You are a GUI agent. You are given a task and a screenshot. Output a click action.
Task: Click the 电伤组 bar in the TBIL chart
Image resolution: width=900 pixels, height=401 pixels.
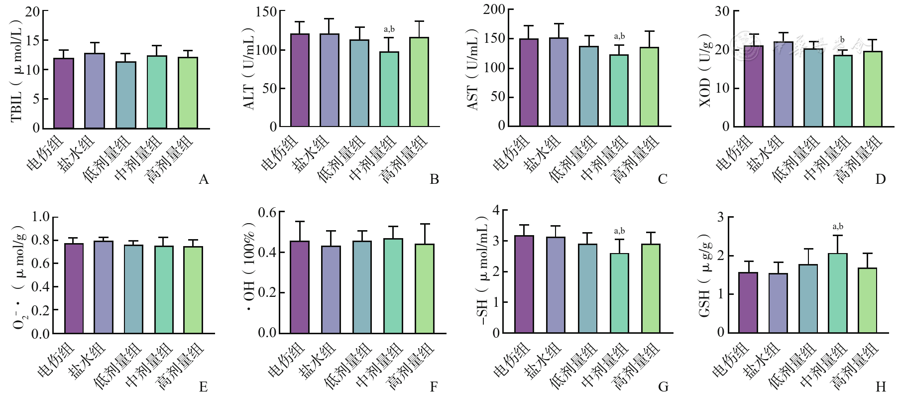[64, 93]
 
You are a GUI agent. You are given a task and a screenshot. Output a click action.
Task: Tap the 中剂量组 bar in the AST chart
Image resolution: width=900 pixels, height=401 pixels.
[619, 90]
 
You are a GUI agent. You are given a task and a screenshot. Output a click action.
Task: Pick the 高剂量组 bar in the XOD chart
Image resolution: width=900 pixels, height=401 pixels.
[873, 89]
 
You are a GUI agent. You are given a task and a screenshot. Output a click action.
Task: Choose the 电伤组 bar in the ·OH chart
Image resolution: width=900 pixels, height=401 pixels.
[300, 287]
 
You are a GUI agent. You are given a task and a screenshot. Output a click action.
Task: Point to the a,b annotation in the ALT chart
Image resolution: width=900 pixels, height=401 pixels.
[389, 29]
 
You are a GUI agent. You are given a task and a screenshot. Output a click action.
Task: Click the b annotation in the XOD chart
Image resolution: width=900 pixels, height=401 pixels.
[842, 39]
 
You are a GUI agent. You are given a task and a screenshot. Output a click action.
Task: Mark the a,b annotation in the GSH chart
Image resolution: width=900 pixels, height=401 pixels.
[838, 227]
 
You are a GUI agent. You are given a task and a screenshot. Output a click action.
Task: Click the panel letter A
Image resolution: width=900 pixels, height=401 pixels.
[203, 179]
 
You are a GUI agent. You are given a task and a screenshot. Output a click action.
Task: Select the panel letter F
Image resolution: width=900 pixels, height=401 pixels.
[434, 387]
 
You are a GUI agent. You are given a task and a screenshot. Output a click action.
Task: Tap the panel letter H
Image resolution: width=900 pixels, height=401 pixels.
[881, 387]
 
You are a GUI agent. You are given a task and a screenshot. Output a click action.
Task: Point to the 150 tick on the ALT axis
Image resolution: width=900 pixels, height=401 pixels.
[266, 11]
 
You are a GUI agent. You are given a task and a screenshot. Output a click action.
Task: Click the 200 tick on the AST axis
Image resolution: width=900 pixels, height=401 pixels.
[494, 9]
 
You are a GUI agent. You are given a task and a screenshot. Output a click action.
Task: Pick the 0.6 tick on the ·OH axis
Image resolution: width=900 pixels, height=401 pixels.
[267, 213]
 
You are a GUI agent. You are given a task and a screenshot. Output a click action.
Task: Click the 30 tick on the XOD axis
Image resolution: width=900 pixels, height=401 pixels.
[722, 11]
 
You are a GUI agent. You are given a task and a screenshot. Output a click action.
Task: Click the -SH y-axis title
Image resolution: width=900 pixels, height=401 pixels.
[482, 271]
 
